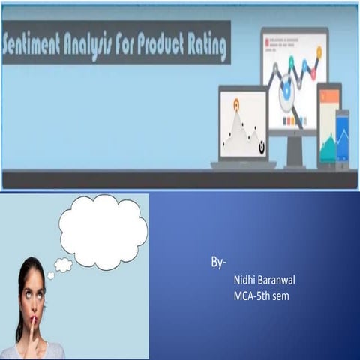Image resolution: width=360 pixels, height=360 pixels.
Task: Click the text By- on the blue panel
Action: click(218, 263)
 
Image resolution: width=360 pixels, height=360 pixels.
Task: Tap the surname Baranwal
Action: click(280, 280)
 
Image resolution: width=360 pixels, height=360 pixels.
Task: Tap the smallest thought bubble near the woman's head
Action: click(51, 275)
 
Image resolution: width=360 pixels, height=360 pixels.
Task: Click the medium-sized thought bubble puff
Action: click(64, 264)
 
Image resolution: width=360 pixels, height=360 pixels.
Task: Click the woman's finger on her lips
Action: click(33, 323)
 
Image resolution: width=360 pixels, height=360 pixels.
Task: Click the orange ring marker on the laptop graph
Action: click(236, 103)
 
